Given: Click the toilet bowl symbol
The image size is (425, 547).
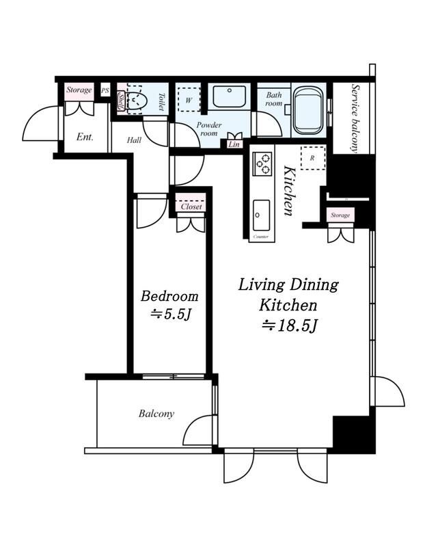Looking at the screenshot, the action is (x=137, y=101).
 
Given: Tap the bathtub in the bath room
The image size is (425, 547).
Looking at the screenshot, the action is (x=309, y=110).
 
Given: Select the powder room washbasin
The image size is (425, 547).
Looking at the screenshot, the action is (x=230, y=96).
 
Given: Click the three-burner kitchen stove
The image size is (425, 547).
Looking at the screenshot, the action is (x=262, y=163).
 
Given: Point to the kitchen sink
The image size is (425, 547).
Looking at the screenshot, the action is (x=261, y=215).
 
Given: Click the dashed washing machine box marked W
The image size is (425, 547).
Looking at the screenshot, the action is (x=189, y=100).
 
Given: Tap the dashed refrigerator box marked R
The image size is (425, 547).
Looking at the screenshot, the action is (x=312, y=158).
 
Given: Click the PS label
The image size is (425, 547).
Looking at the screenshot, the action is (x=105, y=91).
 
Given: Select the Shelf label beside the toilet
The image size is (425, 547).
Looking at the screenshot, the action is (x=121, y=100).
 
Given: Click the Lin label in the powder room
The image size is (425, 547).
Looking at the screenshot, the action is (x=234, y=144).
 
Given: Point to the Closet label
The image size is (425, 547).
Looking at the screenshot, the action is (x=191, y=206).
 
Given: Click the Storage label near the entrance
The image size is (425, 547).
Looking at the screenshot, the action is (x=79, y=90).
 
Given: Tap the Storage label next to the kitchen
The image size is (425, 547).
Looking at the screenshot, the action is (x=340, y=215).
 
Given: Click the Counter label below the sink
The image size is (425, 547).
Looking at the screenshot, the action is (x=261, y=237).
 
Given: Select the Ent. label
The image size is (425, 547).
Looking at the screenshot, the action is (x=85, y=137).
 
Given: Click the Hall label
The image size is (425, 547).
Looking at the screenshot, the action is (x=134, y=140).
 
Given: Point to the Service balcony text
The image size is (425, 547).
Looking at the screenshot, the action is (x=355, y=118).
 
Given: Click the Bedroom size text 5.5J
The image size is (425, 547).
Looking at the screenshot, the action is (x=171, y=315).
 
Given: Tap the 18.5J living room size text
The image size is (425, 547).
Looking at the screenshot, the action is (x=290, y=326).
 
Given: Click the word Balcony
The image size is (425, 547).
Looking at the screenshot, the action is (x=156, y=414).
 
